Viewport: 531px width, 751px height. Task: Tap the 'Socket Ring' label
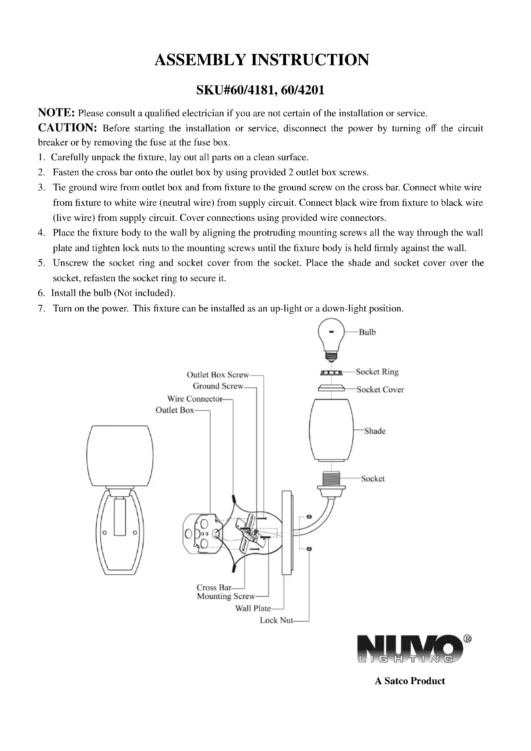click(x=377, y=372)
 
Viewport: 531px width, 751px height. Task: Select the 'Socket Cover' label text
click(x=380, y=389)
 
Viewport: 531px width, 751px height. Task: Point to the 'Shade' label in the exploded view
click(x=375, y=431)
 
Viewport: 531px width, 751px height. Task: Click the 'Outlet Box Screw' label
click(x=218, y=375)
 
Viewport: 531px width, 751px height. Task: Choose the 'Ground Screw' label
click(x=218, y=386)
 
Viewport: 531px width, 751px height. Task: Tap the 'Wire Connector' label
click(x=195, y=399)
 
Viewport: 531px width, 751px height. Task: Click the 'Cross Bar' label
click(x=214, y=588)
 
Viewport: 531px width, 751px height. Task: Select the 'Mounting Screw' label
click(x=226, y=596)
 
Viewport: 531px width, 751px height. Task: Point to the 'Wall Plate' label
click(x=253, y=608)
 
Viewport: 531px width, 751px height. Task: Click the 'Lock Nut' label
click(x=276, y=621)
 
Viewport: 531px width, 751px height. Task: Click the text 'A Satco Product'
click(x=410, y=681)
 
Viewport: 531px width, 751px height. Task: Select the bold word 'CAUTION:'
click(x=67, y=128)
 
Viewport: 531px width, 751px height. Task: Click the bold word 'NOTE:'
click(x=57, y=112)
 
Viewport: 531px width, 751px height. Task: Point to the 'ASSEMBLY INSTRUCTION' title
click(x=262, y=60)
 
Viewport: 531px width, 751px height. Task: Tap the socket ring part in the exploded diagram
click(x=331, y=372)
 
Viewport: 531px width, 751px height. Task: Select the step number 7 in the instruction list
click(x=41, y=309)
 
